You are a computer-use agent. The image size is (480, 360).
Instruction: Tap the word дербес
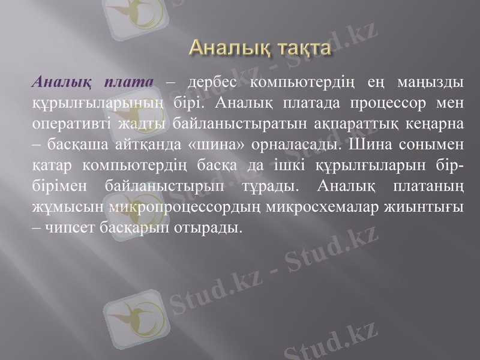pos(212,82)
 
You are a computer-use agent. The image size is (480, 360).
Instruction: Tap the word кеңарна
pos(430,124)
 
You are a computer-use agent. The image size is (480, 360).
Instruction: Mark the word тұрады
pos(271,187)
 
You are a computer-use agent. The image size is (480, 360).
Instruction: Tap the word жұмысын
pos(69,208)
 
